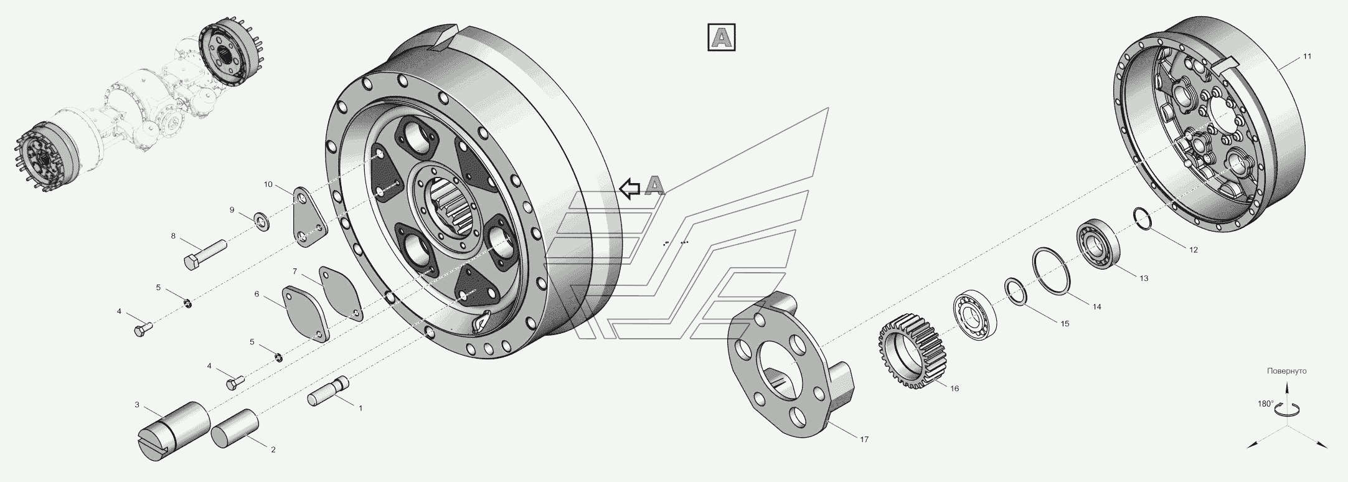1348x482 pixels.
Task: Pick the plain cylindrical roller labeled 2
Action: point(235,428)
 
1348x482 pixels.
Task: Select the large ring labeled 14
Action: point(1052,278)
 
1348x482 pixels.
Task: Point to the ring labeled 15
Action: point(1015,292)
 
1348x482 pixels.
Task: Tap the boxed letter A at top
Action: point(722,37)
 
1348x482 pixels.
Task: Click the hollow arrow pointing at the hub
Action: point(631,187)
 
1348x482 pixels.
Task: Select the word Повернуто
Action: point(1286,371)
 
